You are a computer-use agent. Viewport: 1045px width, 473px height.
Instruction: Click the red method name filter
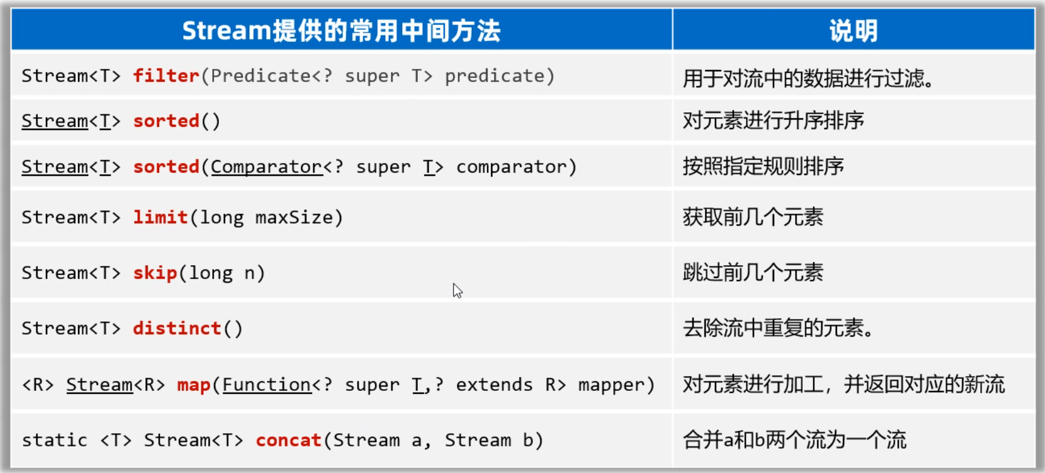pos(166,76)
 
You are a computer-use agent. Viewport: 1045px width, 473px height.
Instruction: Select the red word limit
pos(160,217)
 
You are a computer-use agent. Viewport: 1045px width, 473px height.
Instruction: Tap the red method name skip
pos(155,273)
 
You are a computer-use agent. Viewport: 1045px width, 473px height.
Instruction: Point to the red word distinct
pos(177,328)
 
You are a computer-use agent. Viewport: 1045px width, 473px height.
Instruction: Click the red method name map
pos(194,385)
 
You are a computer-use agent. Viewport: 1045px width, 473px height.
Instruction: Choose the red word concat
pos(288,440)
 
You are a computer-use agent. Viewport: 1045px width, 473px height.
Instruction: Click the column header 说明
pos(853,30)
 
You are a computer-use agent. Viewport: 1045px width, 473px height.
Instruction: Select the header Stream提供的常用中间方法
pos(342,30)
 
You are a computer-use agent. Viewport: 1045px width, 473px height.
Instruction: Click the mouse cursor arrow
pos(457,291)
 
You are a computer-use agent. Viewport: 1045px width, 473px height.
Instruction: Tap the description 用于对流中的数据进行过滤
pos(809,78)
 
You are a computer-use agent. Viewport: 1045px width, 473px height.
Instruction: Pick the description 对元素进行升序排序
pos(773,120)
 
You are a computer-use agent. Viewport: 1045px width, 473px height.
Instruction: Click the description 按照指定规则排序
pos(763,166)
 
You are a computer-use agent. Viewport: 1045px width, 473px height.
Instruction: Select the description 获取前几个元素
pos(753,216)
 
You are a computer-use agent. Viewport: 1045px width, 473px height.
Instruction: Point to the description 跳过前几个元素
pos(753,272)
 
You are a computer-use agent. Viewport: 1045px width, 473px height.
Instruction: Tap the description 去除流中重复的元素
pos(778,328)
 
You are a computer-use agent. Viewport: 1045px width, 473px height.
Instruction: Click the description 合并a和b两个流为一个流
pos(795,440)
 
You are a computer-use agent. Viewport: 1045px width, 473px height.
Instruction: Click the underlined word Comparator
pos(266,167)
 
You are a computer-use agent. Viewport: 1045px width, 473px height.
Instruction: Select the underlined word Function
pos(267,385)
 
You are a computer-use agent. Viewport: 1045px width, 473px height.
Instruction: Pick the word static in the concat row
pos(54,440)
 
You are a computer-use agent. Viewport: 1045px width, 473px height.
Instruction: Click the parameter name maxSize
pos(294,217)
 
